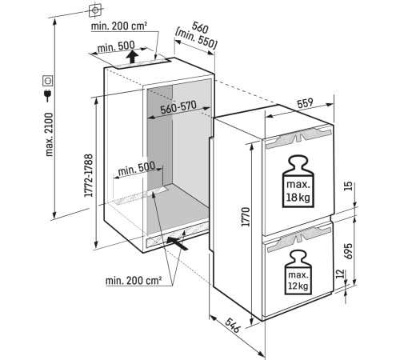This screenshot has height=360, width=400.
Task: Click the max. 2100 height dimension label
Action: (50, 134)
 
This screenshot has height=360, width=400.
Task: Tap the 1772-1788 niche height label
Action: (88, 175)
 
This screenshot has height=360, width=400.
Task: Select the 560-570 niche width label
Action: (178, 107)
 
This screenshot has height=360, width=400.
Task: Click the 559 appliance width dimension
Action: (305, 103)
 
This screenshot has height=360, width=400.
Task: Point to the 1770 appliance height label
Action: (246, 217)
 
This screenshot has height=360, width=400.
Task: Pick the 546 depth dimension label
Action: (232, 325)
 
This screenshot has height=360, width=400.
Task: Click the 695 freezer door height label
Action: (348, 251)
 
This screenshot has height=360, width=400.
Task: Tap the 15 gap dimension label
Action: (348, 186)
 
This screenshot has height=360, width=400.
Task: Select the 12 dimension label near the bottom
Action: (340, 274)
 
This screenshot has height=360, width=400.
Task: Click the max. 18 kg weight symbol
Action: (298, 182)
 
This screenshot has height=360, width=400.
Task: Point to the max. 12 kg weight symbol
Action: (298, 272)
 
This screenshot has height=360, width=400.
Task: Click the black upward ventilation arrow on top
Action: (132, 57)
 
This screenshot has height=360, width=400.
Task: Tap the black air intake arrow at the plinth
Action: (177, 243)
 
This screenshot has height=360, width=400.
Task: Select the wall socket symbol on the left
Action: (48, 81)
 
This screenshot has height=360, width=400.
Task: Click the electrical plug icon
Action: (48, 95)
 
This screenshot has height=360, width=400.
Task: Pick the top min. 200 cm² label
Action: (119, 26)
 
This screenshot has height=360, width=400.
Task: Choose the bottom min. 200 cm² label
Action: (134, 281)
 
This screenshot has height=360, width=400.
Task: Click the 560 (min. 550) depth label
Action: (196, 36)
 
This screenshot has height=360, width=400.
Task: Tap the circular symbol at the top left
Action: (95, 10)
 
